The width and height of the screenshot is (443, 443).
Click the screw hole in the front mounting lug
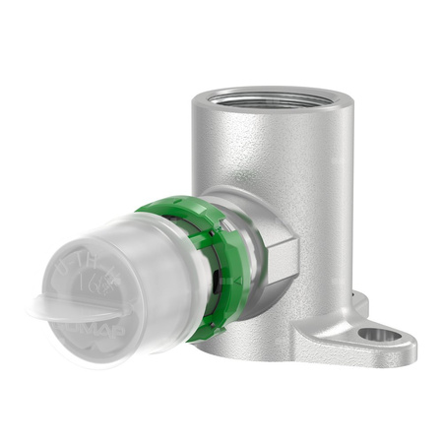[x=379, y=336]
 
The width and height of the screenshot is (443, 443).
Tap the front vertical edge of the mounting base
[x=295, y=335]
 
